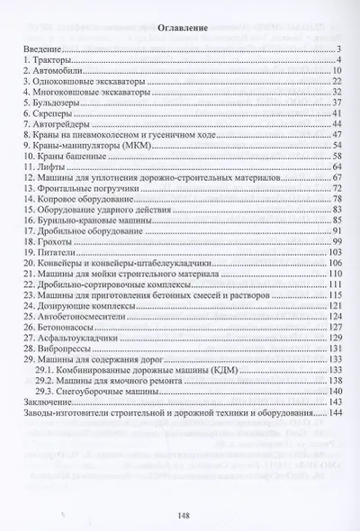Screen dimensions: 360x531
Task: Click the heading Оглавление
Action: (x=180, y=28)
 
